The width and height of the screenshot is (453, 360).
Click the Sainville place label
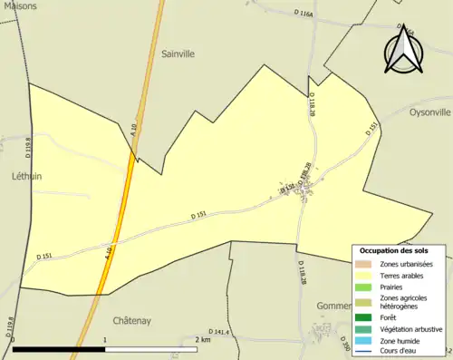pyautogui.click(x=178, y=54)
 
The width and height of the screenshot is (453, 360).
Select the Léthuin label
pyautogui.click(x=27, y=175)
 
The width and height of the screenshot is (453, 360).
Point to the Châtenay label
pyautogui.click(x=130, y=320)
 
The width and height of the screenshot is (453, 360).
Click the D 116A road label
pyautogui.click(x=304, y=14)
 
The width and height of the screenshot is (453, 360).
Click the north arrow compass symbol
pyautogui.click(x=404, y=50)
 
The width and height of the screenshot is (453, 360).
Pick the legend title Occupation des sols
pyautogui.click(x=394, y=250)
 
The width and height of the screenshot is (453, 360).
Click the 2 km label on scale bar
pyautogui.click(x=202, y=339)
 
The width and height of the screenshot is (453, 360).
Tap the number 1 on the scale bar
pyautogui.click(x=106, y=339)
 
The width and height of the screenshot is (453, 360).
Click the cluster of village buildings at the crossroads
pyautogui.click(x=309, y=188)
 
